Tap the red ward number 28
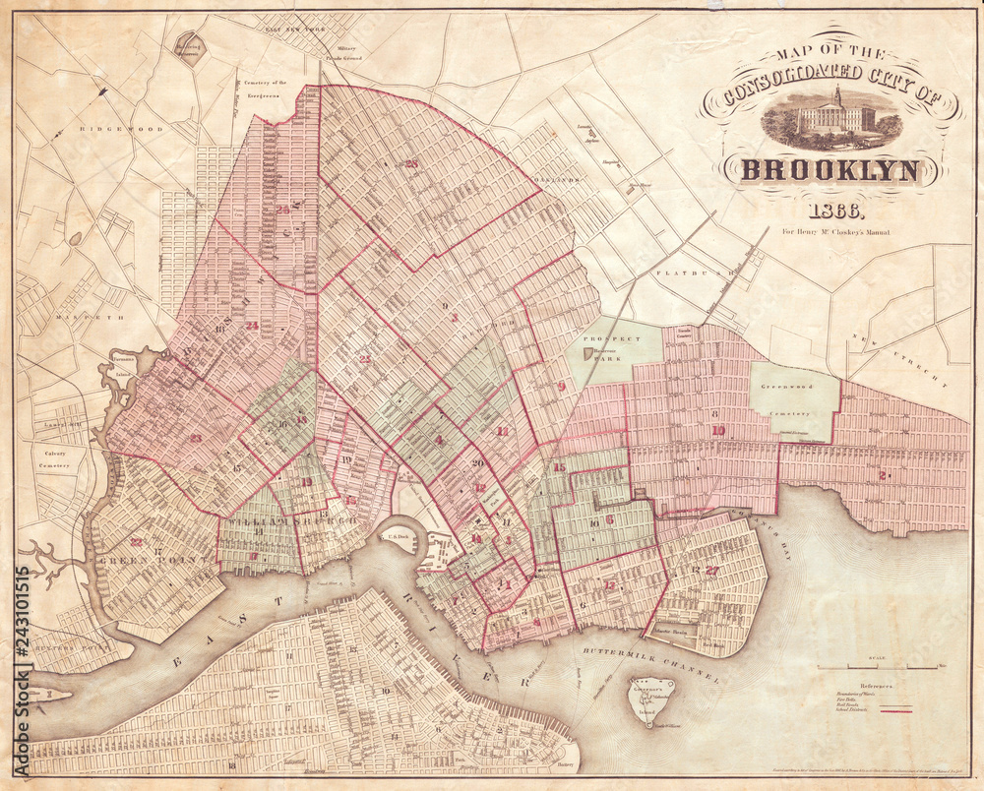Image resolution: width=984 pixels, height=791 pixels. click(410, 163)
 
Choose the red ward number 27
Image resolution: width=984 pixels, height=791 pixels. click(712, 570)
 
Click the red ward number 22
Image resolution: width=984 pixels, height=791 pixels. click(137, 542)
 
